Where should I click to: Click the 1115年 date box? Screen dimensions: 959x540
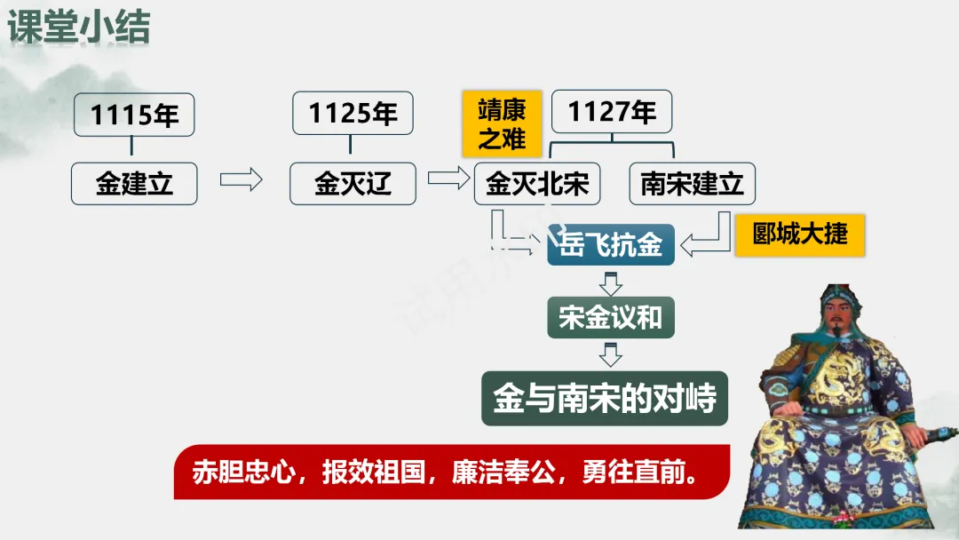coord(134,115)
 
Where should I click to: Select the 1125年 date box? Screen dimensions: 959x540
coord(353,114)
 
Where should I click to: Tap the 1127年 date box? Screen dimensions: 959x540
coord(612,112)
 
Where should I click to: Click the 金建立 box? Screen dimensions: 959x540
coord(134,184)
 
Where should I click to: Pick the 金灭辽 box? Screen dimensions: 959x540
coord(353,184)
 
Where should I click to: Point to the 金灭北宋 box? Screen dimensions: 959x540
coord(537,184)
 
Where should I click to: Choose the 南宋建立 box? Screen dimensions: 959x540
coord(692,184)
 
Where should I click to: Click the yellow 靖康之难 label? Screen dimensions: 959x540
coord(502,123)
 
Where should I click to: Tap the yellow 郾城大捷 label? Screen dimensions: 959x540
coord(799,234)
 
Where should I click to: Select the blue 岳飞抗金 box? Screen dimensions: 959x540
coord(611,244)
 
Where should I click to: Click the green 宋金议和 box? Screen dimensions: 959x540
coord(610,316)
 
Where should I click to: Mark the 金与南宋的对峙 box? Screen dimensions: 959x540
coord(605,398)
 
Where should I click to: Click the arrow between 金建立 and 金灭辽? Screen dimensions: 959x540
coord(242,179)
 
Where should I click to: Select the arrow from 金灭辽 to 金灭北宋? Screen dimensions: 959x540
coord(448,179)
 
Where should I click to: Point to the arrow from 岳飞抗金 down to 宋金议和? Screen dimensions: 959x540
coord(610,284)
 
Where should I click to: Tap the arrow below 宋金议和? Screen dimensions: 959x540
coord(610,354)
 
